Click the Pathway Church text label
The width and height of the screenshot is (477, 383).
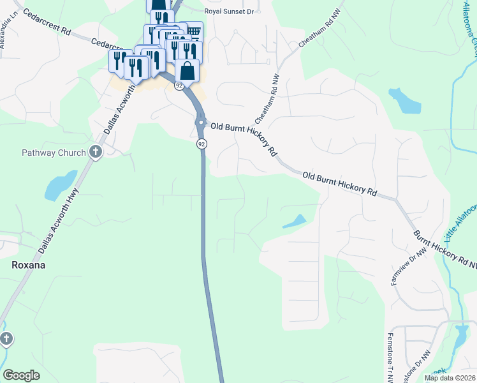pos(54,153)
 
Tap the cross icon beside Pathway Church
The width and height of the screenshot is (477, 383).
pos(96,152)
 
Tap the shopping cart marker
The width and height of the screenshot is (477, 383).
pos(193,31)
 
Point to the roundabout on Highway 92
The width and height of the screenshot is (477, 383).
pos(201,123)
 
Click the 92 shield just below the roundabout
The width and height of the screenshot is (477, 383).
pos(201,144)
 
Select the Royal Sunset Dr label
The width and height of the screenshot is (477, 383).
pos(229,11)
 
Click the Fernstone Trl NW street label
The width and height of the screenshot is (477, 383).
pos(390,357)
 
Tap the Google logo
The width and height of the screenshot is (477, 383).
pos(21,375)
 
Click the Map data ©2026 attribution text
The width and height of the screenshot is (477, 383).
pos(450,378)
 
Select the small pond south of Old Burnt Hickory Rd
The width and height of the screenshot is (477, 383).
pos(293,222)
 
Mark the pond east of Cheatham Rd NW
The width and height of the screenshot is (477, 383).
pos(404,100)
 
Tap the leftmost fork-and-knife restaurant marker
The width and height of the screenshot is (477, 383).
pos(119,61)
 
